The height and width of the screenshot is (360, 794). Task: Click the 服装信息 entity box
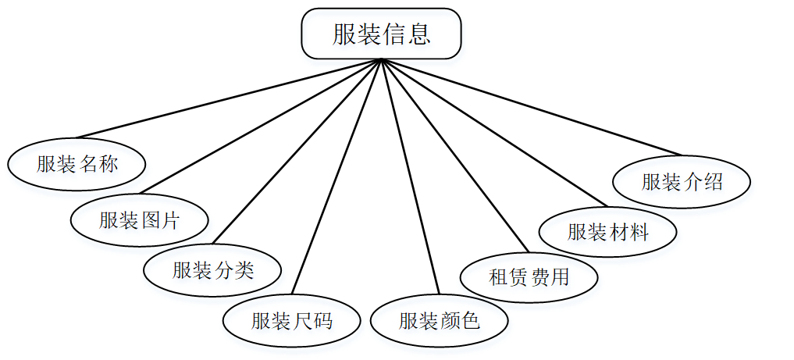tap(381, 34)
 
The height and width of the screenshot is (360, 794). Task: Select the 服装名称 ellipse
tap(77, 164)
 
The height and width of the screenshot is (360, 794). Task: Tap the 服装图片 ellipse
tap(139, 220)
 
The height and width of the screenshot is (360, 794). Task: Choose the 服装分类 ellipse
tap(212, 270)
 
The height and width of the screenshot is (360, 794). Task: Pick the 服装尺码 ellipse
tap(291, 320)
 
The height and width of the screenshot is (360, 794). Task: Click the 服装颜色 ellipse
tap(439, 320)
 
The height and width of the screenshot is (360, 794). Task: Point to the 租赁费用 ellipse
tap(529, 276)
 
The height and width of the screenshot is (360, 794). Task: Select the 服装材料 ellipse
tap(607, 231)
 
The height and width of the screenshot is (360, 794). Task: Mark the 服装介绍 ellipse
tap(682, 182)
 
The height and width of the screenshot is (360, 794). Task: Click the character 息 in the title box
tap(418, 34)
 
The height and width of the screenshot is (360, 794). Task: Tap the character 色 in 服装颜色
tap(470, 320)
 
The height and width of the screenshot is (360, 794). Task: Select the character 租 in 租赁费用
tap(498, 276)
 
